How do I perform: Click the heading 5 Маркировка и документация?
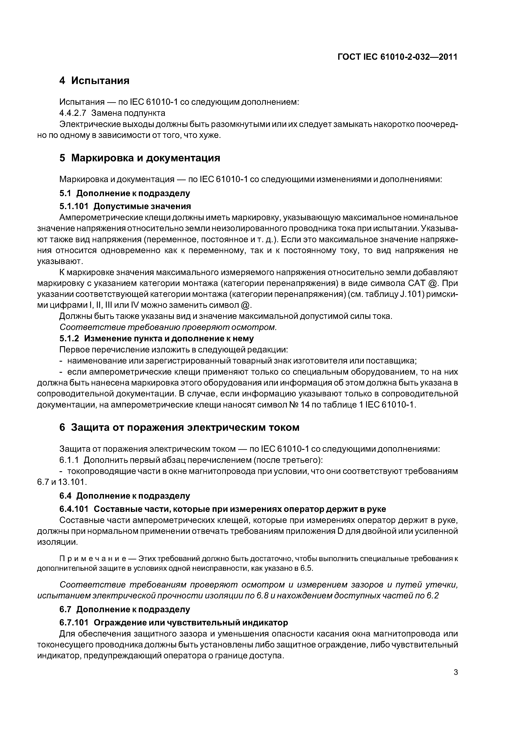pyautogui.click(x=140, y=158)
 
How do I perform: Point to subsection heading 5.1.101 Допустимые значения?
pyautogui.click(x=125, y=206)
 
